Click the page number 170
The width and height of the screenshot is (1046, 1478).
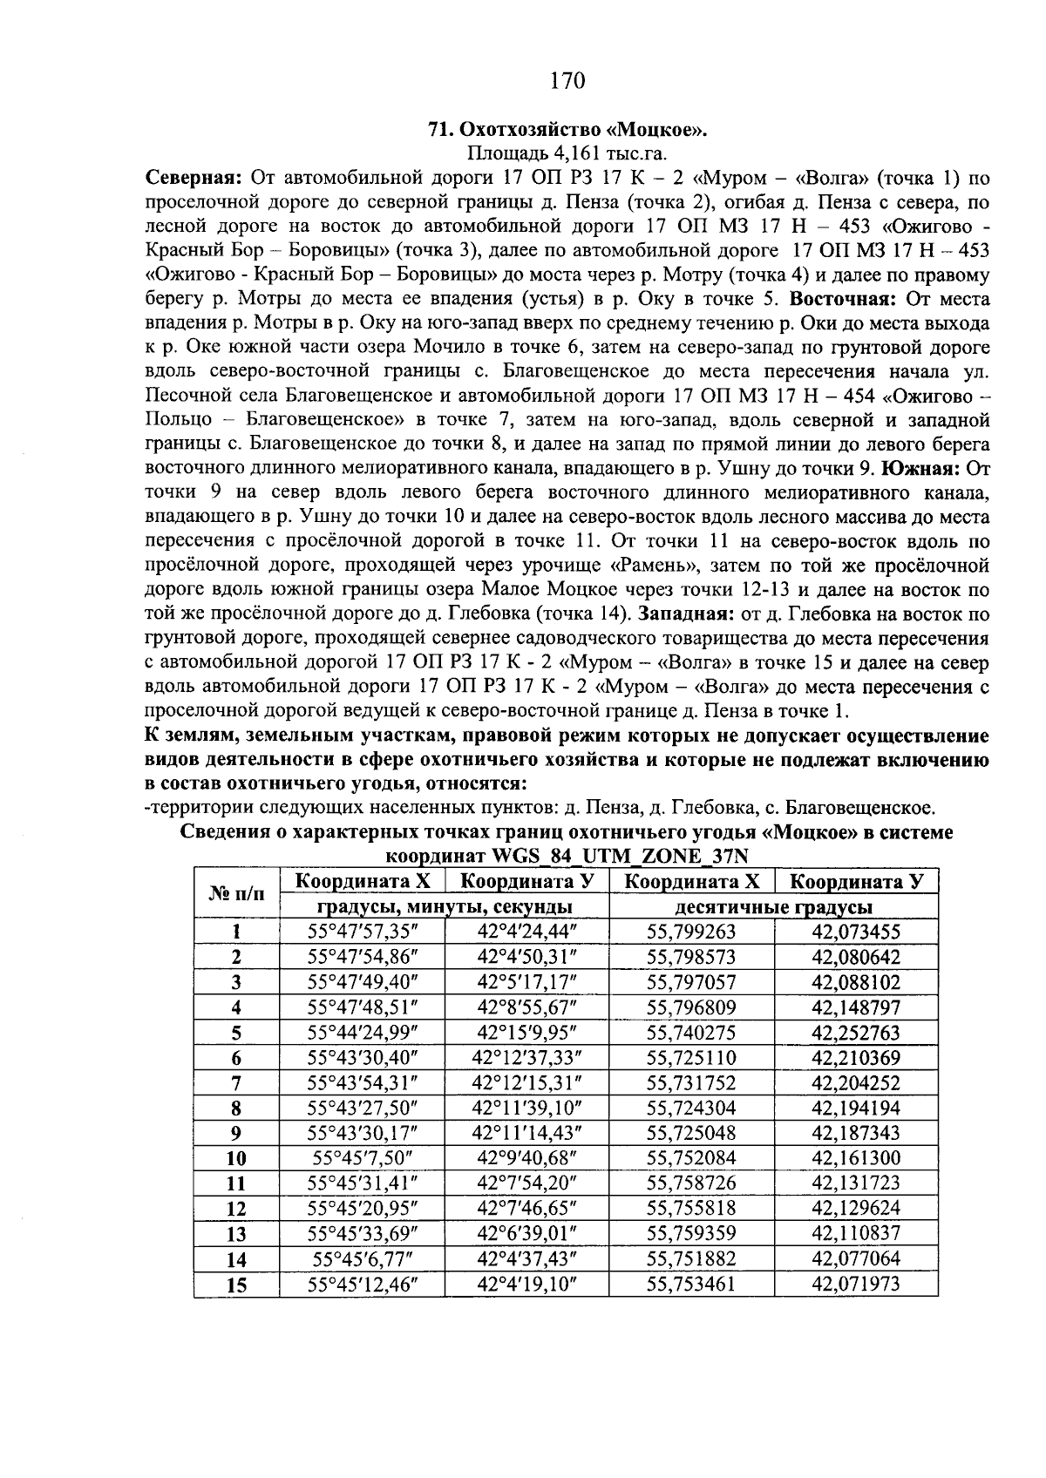pyautogui.click(x=567, y=82)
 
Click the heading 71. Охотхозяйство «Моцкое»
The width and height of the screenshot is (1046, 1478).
pyautogui.click(x=567, y=131)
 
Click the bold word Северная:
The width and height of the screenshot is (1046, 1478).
pyautogui.click(x=192, y=180)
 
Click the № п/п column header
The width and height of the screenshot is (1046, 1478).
pyautogui.click(x=236, y=894)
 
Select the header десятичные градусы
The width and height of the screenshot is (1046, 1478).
pyautogui.click(x=777, y=907)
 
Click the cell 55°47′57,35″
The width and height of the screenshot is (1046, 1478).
pyautogui.click(x=363, y=932)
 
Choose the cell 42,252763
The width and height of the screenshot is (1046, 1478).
pyautogui.click(x=855, y=1034)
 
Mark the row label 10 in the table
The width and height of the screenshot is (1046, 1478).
pyautogui.click(x=236, y=1159)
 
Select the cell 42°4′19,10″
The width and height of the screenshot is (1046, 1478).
pyautogui.click(x=527, y=1285)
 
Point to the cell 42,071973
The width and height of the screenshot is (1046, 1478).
pyautogui.click(x=855, y=1285)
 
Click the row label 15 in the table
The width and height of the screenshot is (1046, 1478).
pyautogui.click(x=236, y=1285)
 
